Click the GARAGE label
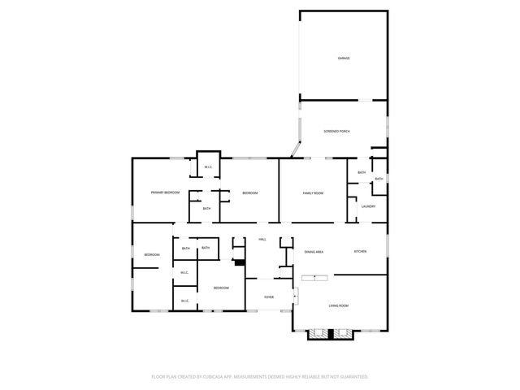click(344, 58)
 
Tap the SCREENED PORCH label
click(336, 131)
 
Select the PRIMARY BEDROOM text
click(165, 193)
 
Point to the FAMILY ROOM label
click(313, 193)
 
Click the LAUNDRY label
click(367, 206)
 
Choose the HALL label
click(262, 240)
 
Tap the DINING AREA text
click(314, 252)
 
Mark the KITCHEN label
click(360, 252)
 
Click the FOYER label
click(268, 297)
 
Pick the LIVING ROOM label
click(338, 305)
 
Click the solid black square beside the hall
click(239, 262)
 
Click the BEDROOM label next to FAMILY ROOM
click(249, 193)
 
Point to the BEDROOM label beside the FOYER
click(221, 288)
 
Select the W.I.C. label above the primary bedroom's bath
click(208, 167)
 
